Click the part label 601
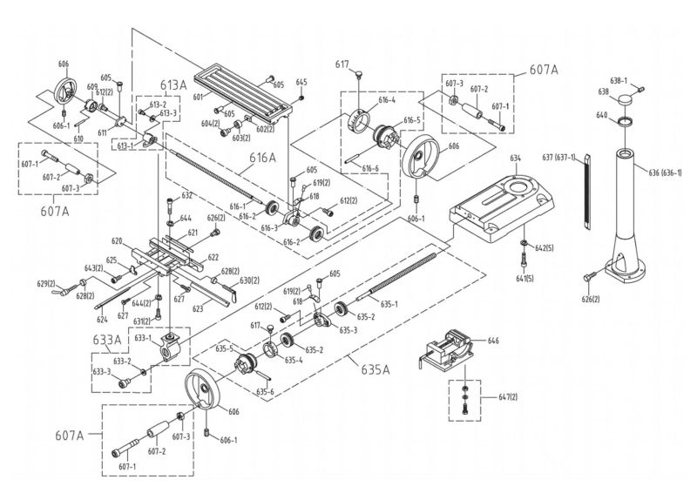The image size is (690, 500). point(198,97)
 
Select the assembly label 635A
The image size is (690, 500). point(375,369)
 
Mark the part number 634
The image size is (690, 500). point(515,157)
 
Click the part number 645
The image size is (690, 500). point(301,83)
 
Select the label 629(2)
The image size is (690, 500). point(45,284)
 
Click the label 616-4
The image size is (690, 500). point(387,100)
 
